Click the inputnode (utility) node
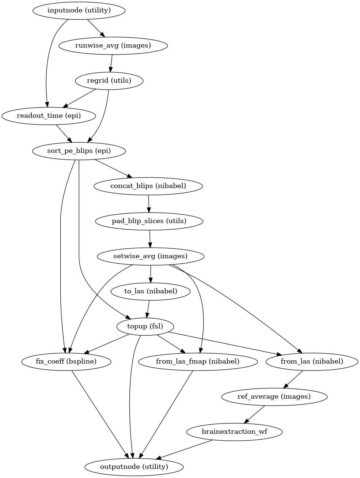[x=79, y=10]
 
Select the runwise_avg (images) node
[x=113, y=45]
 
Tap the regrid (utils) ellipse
[x=109, y=80]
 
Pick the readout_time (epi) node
[x=49, y=116]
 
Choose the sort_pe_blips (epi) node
[x=79, y=151]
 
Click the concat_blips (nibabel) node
[x=148, y=186]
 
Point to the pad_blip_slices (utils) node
[x=149, y=221]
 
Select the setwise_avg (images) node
[x=150, y=256]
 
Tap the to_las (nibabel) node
[x=151, y=291]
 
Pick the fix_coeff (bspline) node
[x=66, y=361]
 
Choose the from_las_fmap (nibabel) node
[x=198, y=361]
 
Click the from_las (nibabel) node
[x=312, y=361]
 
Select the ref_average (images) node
[x=274, y=396]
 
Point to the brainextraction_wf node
[x=234, y=432]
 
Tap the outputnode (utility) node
[x=134, y=467]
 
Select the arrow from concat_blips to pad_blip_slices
[x=148, y=203]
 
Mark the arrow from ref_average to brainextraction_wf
[x=254, y=414]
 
